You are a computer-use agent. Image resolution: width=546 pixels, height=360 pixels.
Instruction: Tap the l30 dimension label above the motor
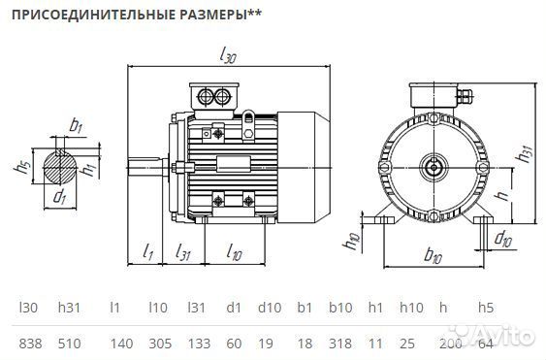[229, 56]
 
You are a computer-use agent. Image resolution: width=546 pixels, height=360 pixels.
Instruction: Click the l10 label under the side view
[234, 251]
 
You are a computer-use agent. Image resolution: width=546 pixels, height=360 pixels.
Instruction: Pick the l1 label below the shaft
[148, 251]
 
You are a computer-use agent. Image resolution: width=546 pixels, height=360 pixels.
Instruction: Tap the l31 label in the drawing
[182, 251]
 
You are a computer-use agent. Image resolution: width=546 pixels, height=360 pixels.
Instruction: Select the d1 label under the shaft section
[60, 198]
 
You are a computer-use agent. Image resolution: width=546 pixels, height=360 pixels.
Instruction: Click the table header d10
[268, 308]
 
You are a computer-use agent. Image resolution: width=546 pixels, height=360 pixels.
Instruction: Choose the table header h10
[411, 308]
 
